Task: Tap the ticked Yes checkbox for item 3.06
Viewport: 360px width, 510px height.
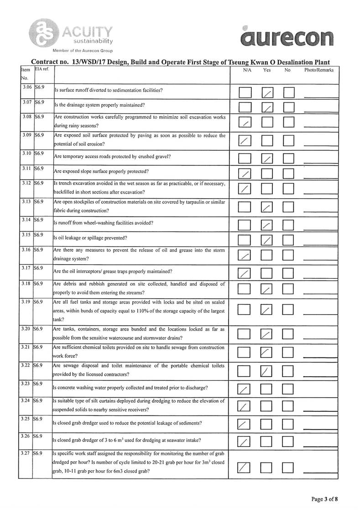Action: tap(268, 93)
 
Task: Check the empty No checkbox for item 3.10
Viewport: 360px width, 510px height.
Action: tap(288, 159)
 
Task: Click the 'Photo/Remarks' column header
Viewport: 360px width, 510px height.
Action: tap(318, 70)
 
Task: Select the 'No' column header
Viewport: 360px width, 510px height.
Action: tap(287, 70)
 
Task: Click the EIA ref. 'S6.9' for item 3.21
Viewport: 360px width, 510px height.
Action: tap(38, 347)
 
